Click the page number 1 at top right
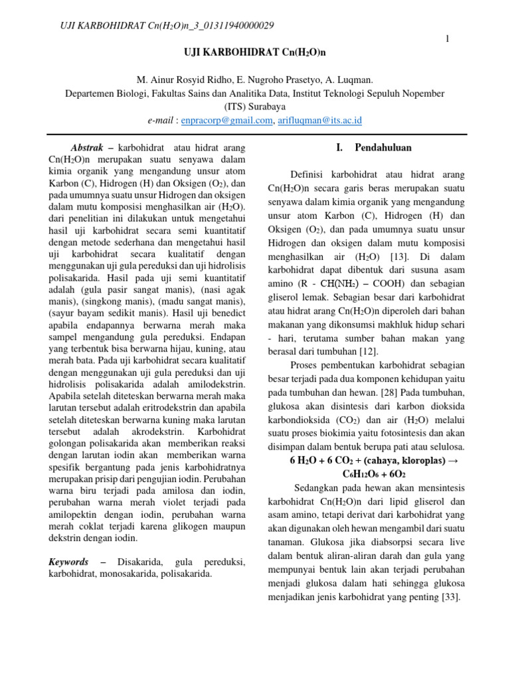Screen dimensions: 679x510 pyautogui.click(x=448, y=40)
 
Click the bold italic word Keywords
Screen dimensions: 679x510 pyautogui.click(x=69, y=562)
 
